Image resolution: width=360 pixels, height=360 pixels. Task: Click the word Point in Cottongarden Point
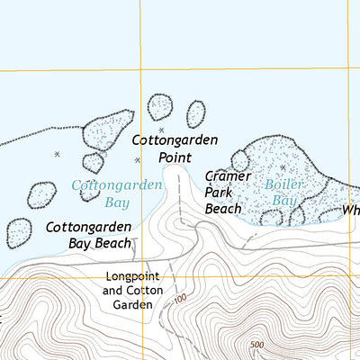[176, 157]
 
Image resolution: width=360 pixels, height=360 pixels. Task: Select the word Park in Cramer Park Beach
[220, 192]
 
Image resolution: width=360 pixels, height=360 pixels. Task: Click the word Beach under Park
[223, 208]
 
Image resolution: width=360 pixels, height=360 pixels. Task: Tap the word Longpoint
[132, 277]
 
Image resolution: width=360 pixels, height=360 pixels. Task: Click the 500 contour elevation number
[259, 345]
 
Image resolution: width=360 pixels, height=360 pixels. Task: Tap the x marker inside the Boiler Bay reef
[282, 167]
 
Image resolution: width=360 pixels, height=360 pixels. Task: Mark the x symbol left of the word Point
[138, 160]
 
